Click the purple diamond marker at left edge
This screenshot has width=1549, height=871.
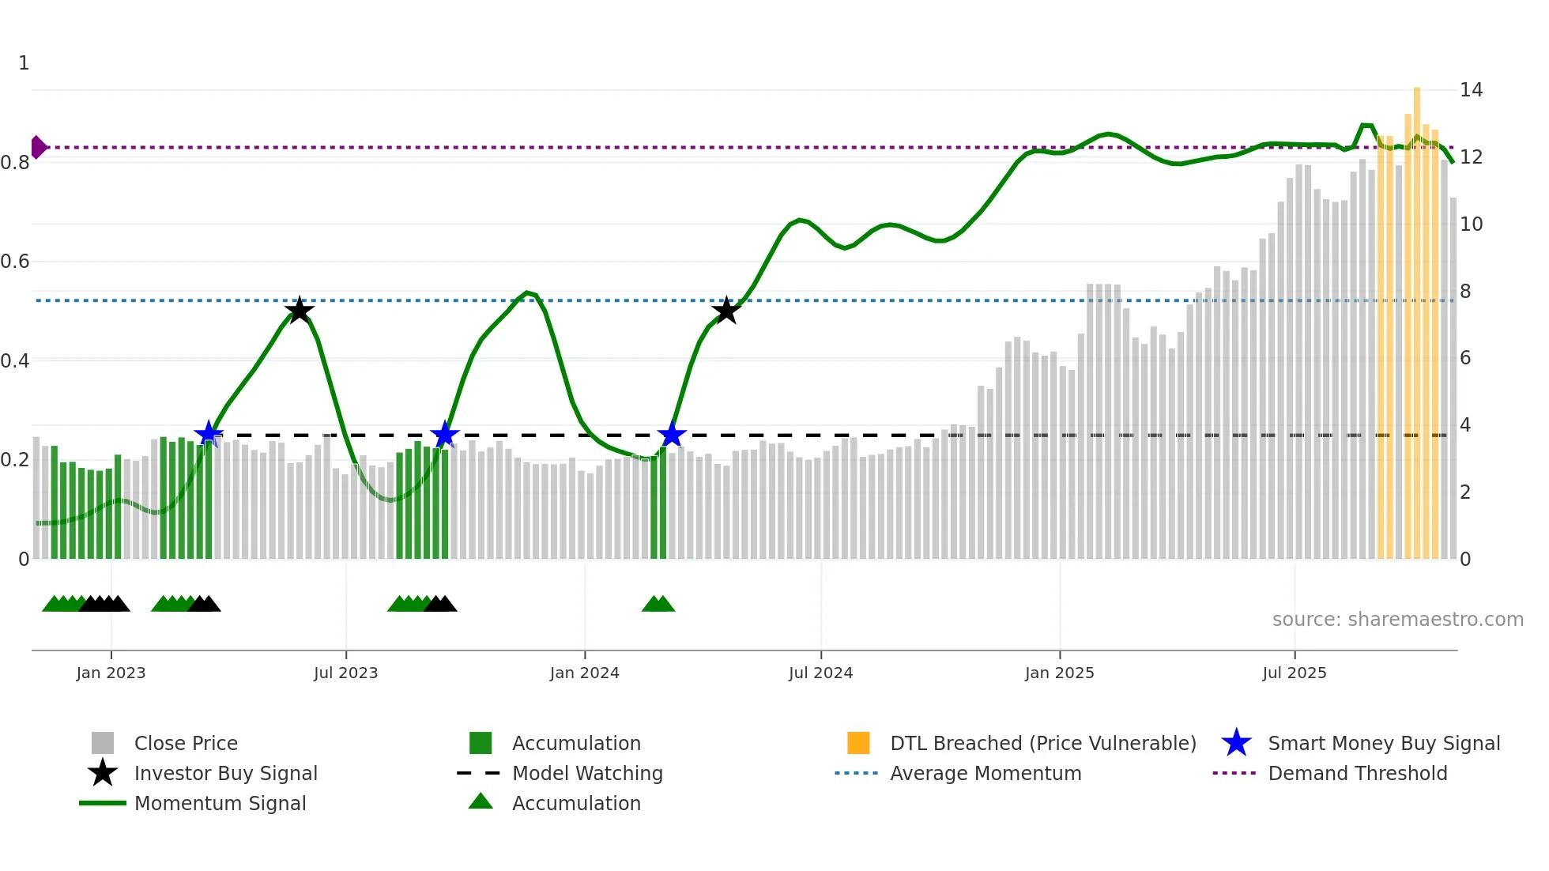point(38,147)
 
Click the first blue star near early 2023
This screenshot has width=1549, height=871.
point(209,434)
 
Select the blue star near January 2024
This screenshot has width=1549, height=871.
point(671,435)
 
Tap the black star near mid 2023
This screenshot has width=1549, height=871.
point(299,311)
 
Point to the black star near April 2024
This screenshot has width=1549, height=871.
point(726,311)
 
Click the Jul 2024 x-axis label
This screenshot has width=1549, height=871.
point(820,673)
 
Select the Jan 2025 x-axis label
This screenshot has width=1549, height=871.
point(1059,673)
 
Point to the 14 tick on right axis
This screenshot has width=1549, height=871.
point(1471,90)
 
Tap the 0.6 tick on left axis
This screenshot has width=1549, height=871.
point(16,262)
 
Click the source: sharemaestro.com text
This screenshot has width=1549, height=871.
point(1397,620)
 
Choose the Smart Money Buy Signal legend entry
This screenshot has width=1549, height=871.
point(1383,744)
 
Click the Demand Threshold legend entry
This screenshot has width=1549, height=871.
point(1357,774)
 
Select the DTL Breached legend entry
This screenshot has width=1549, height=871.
point(1042,744)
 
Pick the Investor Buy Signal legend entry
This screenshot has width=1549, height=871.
point(225,774)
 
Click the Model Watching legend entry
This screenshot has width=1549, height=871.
point(586,774)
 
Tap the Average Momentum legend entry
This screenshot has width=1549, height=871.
point(985,774)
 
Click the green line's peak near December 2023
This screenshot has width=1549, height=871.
point(527,293)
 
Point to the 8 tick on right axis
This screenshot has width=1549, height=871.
point(1465,292)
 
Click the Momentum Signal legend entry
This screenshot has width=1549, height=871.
point(220,804)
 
